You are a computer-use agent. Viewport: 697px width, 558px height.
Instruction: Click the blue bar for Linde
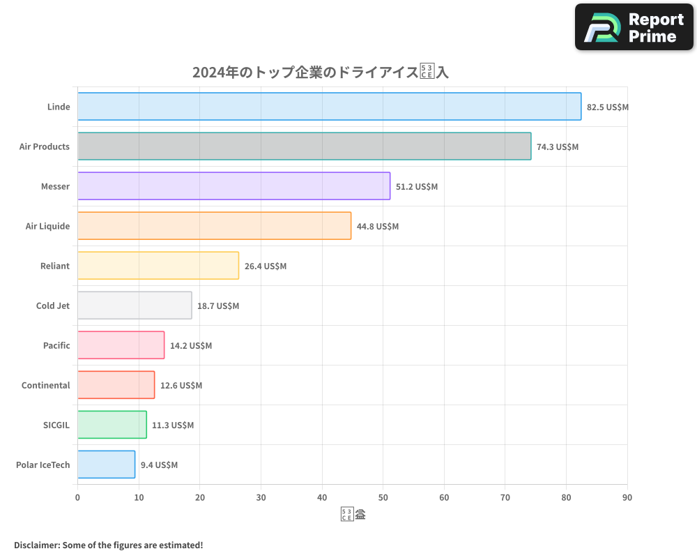click(329, 107)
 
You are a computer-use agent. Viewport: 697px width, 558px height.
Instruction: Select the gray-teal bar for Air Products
click(304, 146)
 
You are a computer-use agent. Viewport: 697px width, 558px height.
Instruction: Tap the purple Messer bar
click(233, 186)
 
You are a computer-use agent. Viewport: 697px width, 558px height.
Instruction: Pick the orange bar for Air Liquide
click(214, 226)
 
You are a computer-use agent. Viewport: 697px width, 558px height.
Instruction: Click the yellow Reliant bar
click(158, 266)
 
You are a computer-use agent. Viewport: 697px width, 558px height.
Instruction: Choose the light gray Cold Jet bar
click(135, 306)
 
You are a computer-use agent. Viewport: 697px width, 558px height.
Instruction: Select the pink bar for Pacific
click(121, 345)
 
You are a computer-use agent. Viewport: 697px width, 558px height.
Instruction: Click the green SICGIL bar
click(112, 425)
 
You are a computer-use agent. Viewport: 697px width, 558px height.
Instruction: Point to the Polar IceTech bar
click(106, 465)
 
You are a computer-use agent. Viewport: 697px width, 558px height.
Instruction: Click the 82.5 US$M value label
click(608, 107)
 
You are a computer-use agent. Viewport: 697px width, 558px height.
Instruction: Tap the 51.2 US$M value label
click(417, 187)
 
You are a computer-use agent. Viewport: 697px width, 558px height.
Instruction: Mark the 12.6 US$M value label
click(181, 386)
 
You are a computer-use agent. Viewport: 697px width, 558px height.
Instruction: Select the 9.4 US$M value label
click(159, 465)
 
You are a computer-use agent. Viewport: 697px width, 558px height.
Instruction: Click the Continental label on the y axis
click(45, 386)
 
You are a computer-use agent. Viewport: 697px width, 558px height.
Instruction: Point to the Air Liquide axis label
click(47, 227)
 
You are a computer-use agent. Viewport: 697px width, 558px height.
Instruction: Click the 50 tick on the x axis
click(383, 497)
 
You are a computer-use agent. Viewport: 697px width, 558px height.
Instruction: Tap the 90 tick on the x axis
click(627, 497)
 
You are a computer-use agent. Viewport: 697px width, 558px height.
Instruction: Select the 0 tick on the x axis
click(77, 497)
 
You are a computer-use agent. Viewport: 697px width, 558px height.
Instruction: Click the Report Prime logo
click(634, 27)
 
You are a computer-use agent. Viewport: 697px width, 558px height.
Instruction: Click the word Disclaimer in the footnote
click(36, 545)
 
